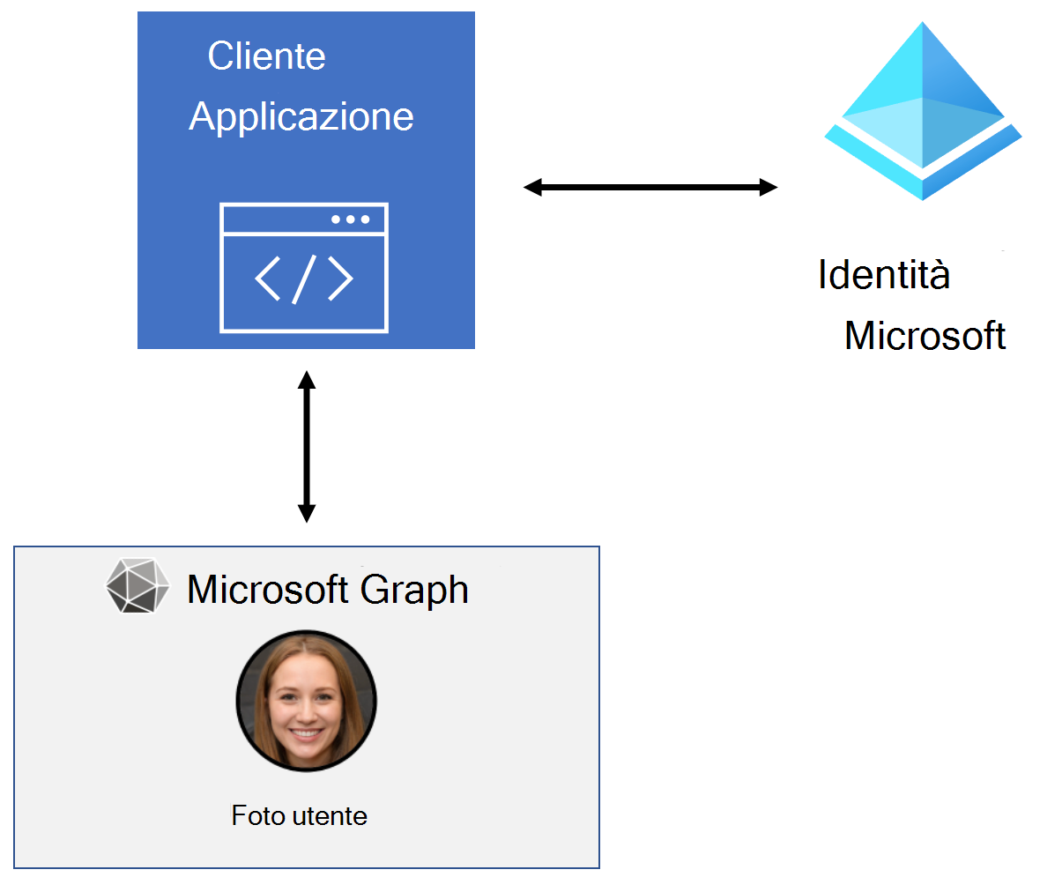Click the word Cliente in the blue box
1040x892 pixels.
[266, 56]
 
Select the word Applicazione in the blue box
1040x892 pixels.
[301, 116]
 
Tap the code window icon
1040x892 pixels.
[303, 268]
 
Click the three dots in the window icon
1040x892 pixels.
[350, 219]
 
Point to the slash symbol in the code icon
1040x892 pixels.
[304, 279]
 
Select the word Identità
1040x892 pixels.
[883, 274]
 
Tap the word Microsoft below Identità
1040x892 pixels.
[925, 336]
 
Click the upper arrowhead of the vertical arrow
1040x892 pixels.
[306, 380]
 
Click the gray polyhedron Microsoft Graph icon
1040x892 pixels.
[137, 586]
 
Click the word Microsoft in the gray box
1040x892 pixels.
[271, 589]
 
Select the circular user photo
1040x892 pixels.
[306, 701]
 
